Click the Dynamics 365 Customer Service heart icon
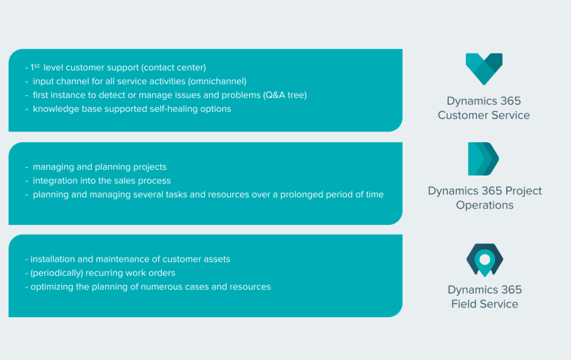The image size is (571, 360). (x=484, y=69)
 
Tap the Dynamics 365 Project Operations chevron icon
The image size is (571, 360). (x=483, y=159)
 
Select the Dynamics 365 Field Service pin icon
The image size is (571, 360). (x=485, y=260)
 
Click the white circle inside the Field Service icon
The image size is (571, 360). (x=485, y=259)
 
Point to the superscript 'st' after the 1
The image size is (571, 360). (x=37, y=66)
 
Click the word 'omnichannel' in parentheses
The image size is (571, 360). (x=217, y=81)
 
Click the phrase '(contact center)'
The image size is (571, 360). (x=174, y=67)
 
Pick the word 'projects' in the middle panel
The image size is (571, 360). (x=149, y=167)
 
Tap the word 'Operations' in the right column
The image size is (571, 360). (x=485, y=205)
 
